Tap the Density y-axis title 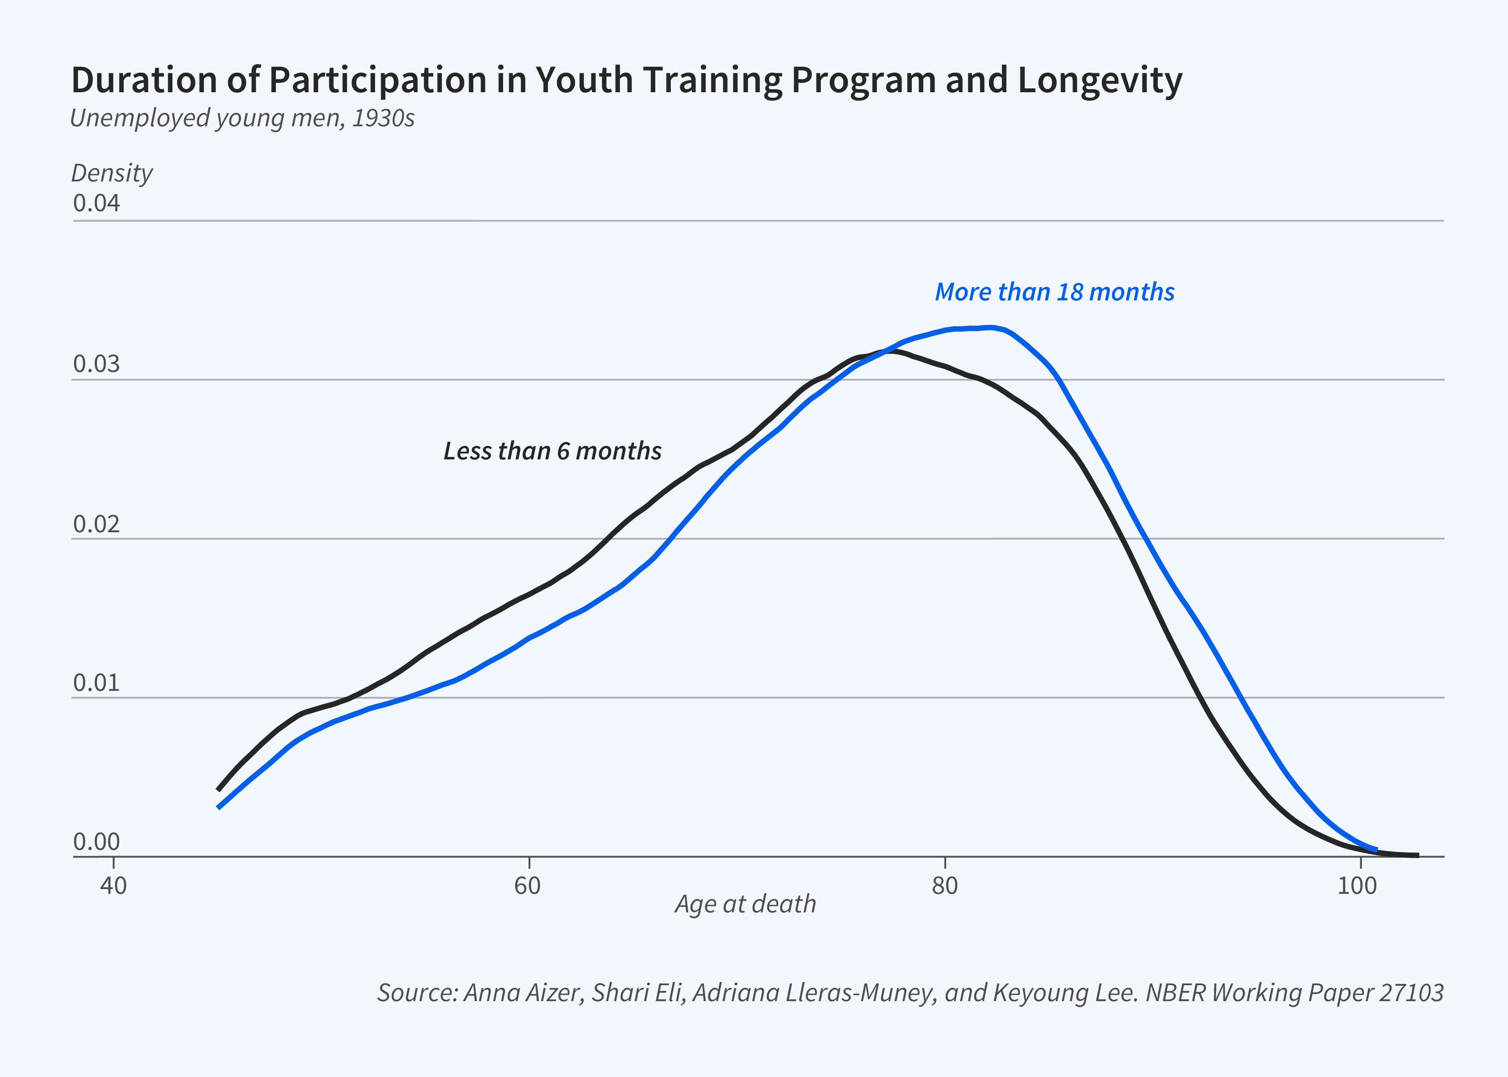(112, 173)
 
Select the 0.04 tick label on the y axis (97, 203)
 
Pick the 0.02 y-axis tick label (97, 524)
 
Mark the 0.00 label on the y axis (97, 842)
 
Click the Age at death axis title (745, 904)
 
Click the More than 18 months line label (1054, 292)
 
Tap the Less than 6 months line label (552, 451)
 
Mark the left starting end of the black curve (218, 790)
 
